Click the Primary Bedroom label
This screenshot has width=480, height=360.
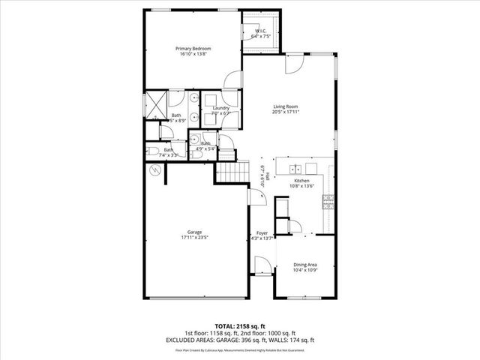[x=193, y=49]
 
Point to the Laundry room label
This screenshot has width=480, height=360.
[x=220, y=108]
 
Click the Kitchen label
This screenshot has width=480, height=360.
[x=301, y=181]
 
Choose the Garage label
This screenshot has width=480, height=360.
[x=193, y=232]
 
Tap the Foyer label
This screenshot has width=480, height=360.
[x=262, y=233]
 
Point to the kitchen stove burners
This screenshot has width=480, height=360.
[x=328, y=199]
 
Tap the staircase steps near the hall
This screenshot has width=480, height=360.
[x=232, y=173]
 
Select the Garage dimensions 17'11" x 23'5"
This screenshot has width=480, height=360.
[x=193, y=238]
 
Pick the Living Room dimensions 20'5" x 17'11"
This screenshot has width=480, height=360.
[x=285, y=112]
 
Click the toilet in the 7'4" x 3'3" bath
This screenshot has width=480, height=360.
[x=153, y=151]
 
